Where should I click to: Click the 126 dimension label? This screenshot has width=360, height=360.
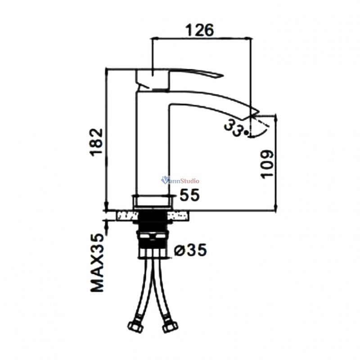199,30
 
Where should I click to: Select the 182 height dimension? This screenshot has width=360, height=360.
96,142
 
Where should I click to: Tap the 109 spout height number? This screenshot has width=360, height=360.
267,164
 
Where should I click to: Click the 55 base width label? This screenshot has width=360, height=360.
189,195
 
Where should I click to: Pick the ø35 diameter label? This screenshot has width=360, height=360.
190,250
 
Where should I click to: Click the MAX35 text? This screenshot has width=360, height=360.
97,263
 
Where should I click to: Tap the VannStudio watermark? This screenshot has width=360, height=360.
180,180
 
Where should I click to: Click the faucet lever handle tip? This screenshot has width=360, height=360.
222,76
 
